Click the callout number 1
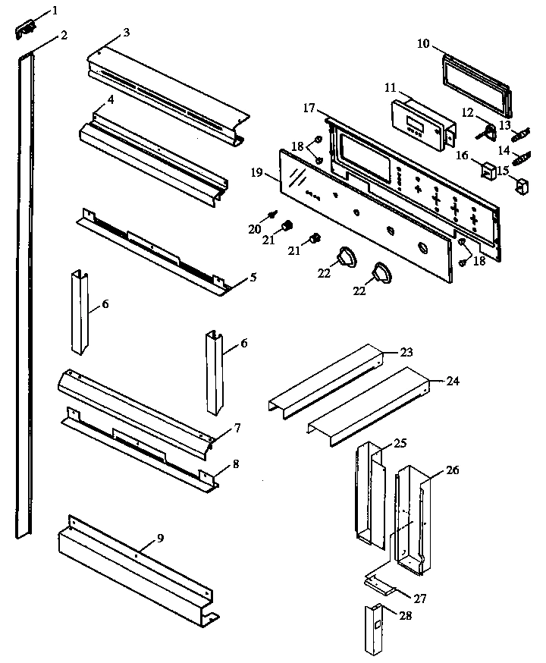(x=54, y=11)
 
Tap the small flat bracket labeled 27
(x=379, y=583)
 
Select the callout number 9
(x=160, y=538)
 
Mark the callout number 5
(x=253, y=277)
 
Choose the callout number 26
(x=452, y=471)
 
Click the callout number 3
(x=126, y=32)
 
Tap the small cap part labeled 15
(x=519, y=184)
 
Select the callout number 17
(x=309, y=108)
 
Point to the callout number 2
(x=64, y=36)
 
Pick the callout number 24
(x=453, y=381)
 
